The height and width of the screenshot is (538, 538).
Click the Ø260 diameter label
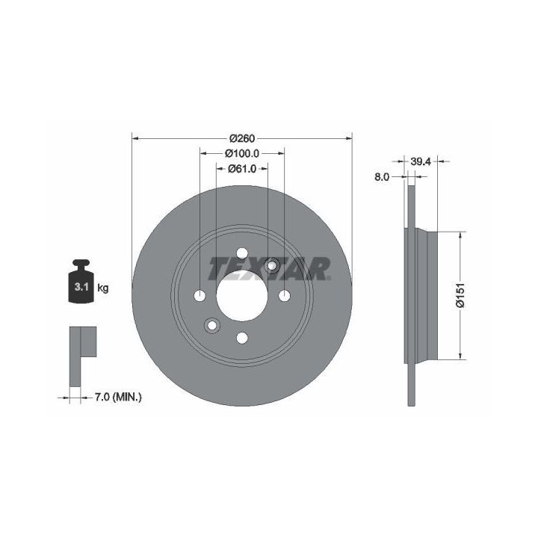[x=242, y=138]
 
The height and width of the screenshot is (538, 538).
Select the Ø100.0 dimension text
[x=242, y=153]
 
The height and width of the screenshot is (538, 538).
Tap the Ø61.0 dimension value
[x=242, y=168]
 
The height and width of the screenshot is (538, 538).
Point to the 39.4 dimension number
[x=420, y=161]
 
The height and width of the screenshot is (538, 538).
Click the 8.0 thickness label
[x=382, y=176]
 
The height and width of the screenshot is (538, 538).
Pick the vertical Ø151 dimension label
[x=460, y=295]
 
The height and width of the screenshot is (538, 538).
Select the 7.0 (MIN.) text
[x=118, y=398]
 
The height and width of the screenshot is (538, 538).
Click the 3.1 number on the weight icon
[x=81, y=287]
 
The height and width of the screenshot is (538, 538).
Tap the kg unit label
[x=103, y=288]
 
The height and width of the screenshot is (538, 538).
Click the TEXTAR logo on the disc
[x=269, y=268]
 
